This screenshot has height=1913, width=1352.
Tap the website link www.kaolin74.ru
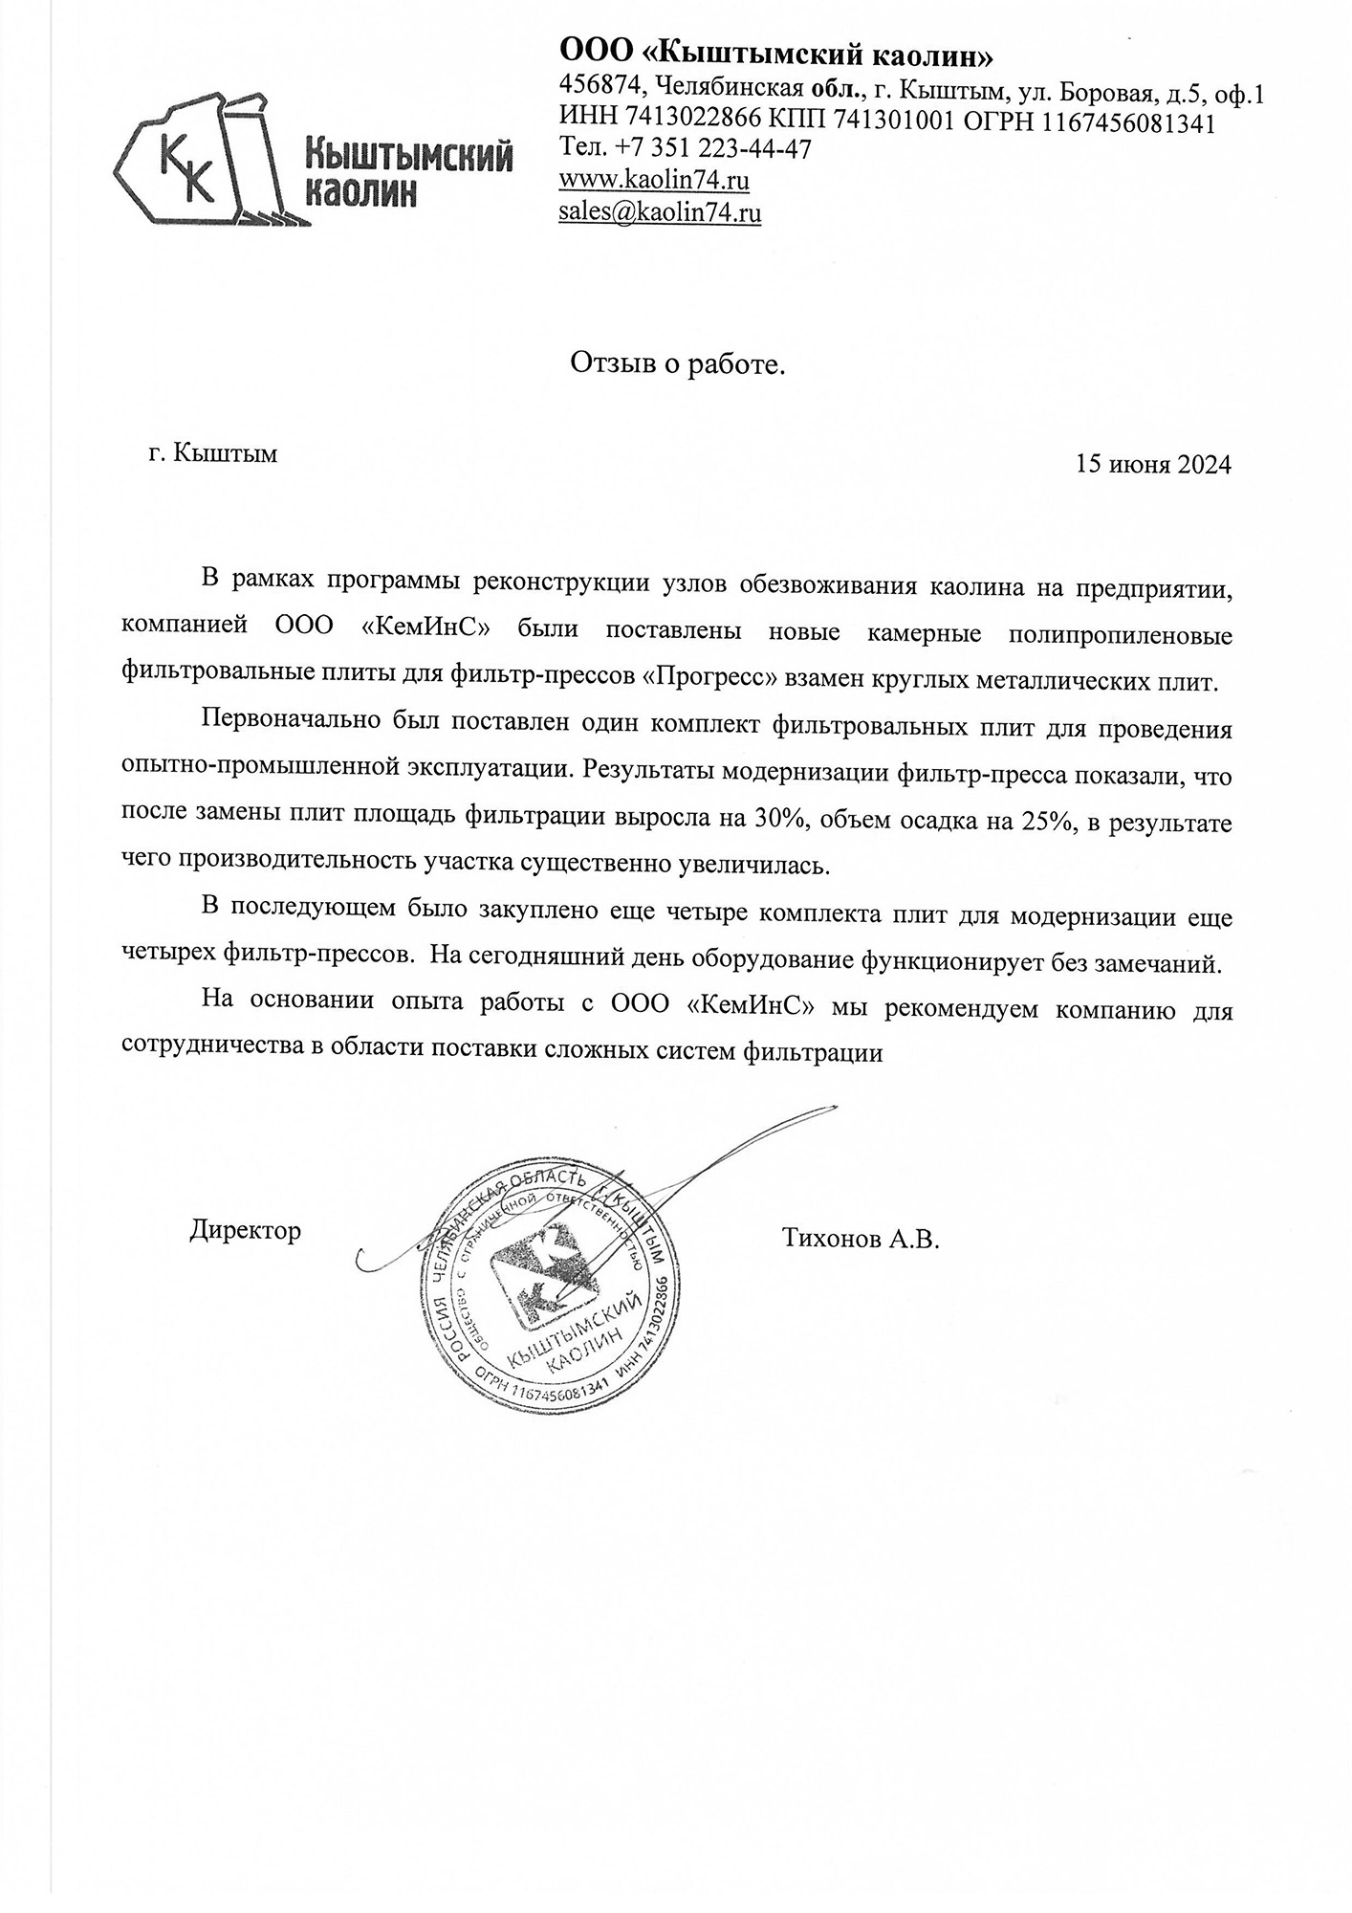pyautogui.click(x=653, y=180)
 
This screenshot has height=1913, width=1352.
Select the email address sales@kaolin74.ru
pyautogui.click(x=660, y=211)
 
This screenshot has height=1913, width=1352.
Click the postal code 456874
pyautogui.click(x=599, y=88)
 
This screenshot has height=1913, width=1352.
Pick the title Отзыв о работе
pyautogui.click(x=677, y=363)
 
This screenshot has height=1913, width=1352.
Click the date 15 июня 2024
pyautogui.click(x=1153, y=465)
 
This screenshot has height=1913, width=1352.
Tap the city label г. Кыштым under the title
pyautogui.click(x=213, y=452)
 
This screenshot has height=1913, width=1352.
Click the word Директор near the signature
pyautogui.click(x=245, y=1229)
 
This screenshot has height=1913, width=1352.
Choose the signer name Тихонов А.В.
pyautogui.click(x=861, y=1240)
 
